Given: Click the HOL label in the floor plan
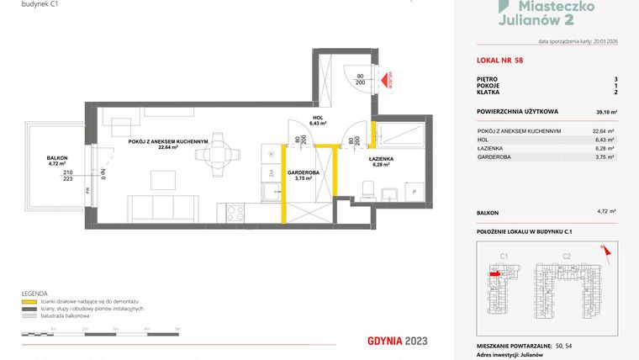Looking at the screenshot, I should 317,119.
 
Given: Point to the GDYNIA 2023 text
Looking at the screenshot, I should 399,341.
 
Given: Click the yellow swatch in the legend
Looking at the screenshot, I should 28,300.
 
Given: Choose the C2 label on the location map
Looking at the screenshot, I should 567,255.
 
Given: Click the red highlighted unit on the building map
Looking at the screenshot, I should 494,273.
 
